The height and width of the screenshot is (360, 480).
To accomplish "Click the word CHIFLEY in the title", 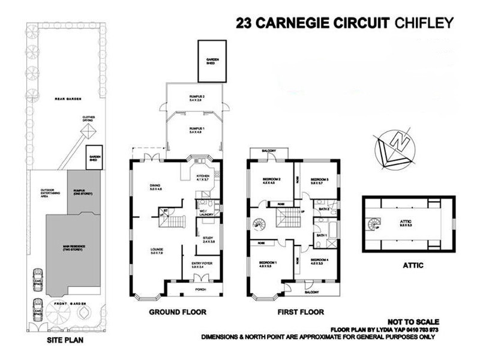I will [x=424, y=23].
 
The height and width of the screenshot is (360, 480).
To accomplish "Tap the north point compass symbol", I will [x=395, y=146].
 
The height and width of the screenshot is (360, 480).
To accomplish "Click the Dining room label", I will [x=156, y=188].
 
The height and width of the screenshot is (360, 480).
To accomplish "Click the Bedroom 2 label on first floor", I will [x=272, y=181].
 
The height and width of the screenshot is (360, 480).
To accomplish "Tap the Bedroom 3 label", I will [x=320, y=181].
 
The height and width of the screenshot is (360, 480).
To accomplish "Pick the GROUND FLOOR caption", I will [x=178, y=312].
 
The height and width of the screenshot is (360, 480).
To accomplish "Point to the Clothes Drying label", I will [x=89, y=120].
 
